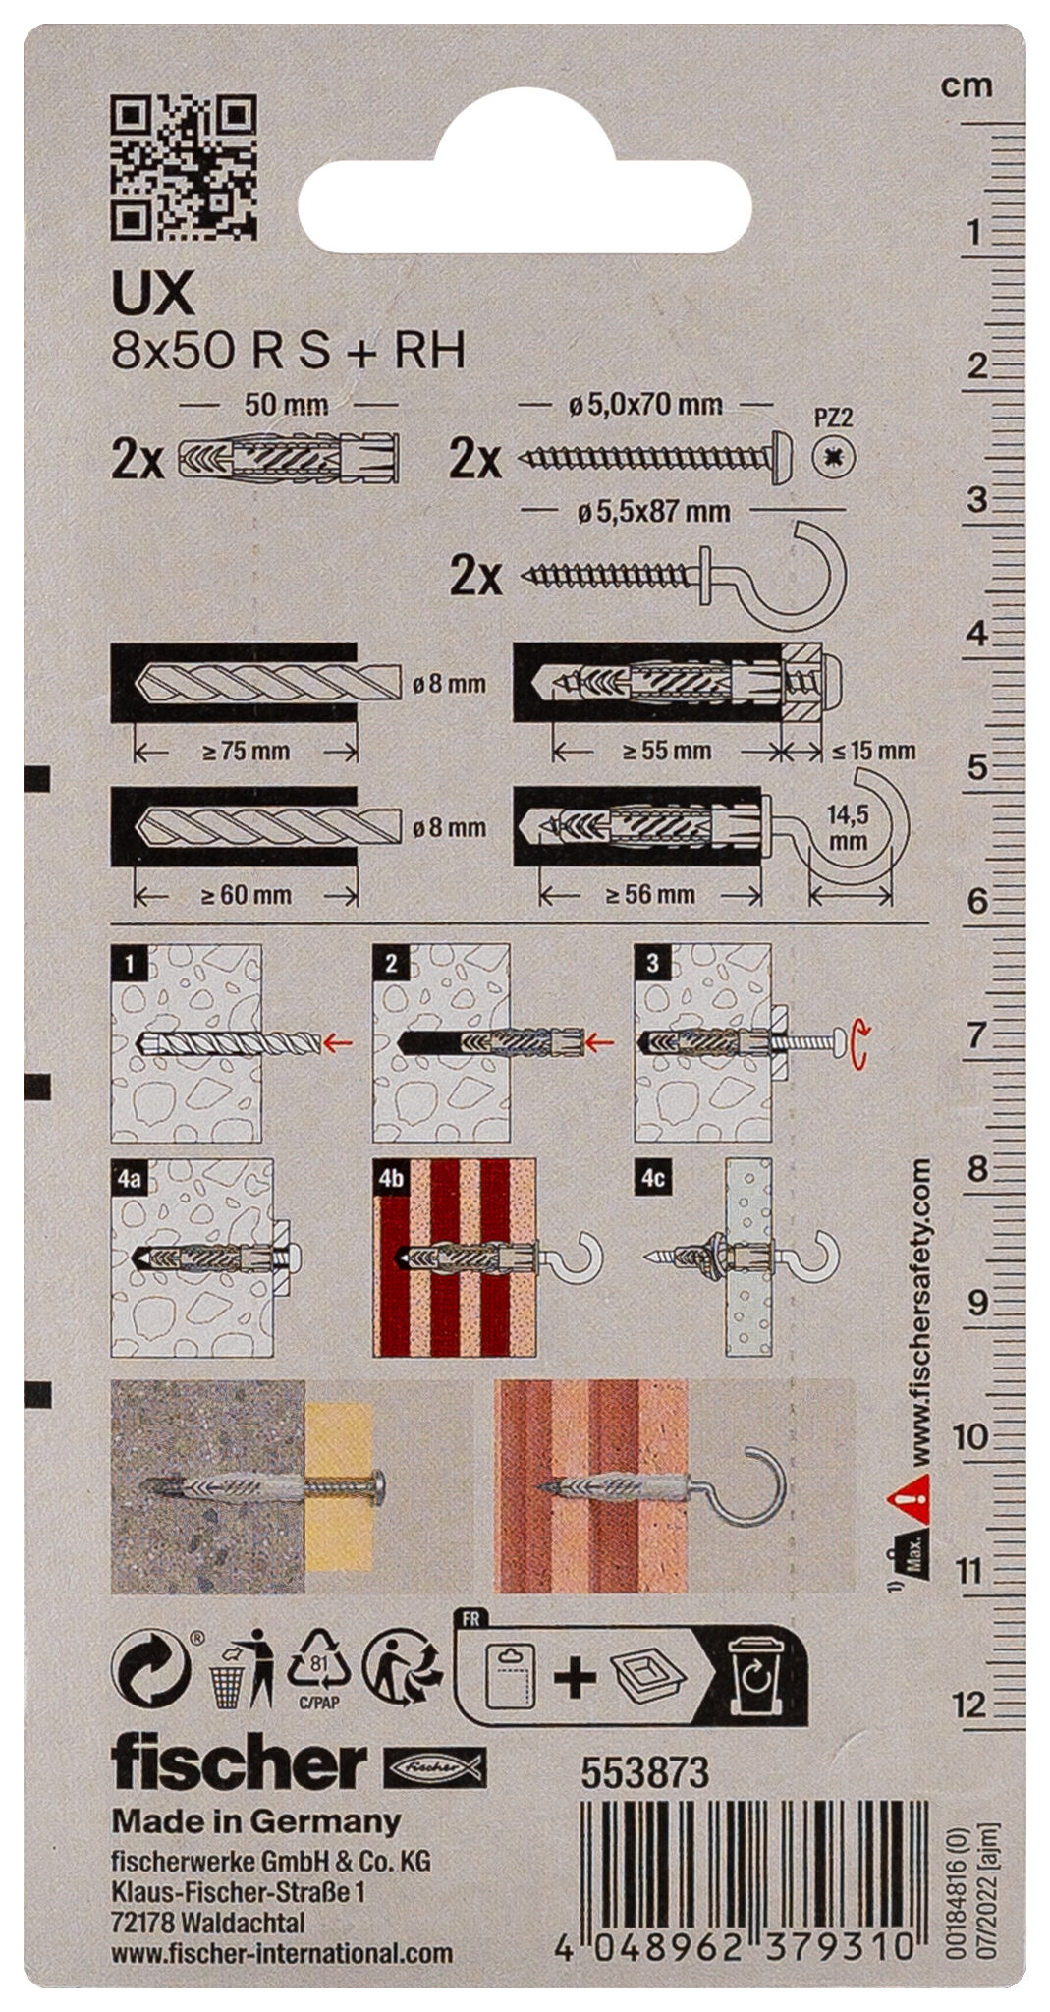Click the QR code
(x=184, y=167)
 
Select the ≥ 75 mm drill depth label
(x=246, y=752)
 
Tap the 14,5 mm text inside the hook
(x=848, y=827)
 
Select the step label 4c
(x=653, y=1178)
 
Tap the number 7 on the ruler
(x=973, y=1035)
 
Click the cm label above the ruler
(x=967, y=86)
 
